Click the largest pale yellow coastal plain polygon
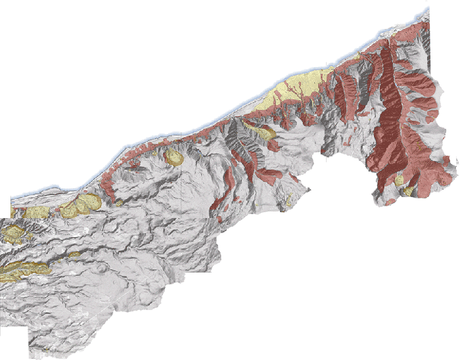[x=299, y=85]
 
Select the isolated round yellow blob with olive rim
[x=173, y=156]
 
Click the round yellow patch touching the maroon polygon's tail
[x=408, y=191]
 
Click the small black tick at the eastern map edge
[x=455, y=161]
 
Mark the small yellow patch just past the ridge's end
[x=76, y=254]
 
